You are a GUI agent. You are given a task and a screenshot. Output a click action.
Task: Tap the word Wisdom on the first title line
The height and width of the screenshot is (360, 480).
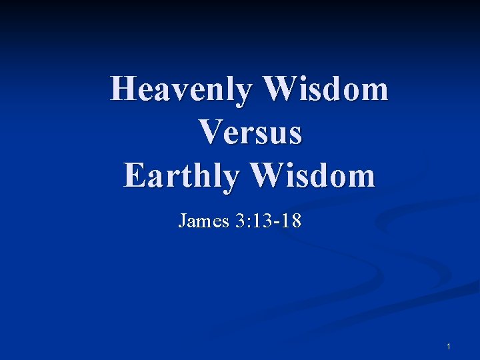pyautogui.click(x=327, y=89)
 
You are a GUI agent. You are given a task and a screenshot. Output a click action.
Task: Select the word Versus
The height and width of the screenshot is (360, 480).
pyautogui.click(x=251, y=132)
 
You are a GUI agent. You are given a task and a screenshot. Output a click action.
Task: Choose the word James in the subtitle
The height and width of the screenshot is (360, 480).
pyautogui.click(x=204, y=221)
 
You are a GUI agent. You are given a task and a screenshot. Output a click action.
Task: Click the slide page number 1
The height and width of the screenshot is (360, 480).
pyautogui.click(x=449, y=347)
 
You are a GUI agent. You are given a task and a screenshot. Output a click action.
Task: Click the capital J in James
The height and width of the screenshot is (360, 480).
pyautogui.click(x=183, y=221)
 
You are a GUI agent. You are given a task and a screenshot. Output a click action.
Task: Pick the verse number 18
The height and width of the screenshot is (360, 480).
pyautogui.click(x=290, y=221)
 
